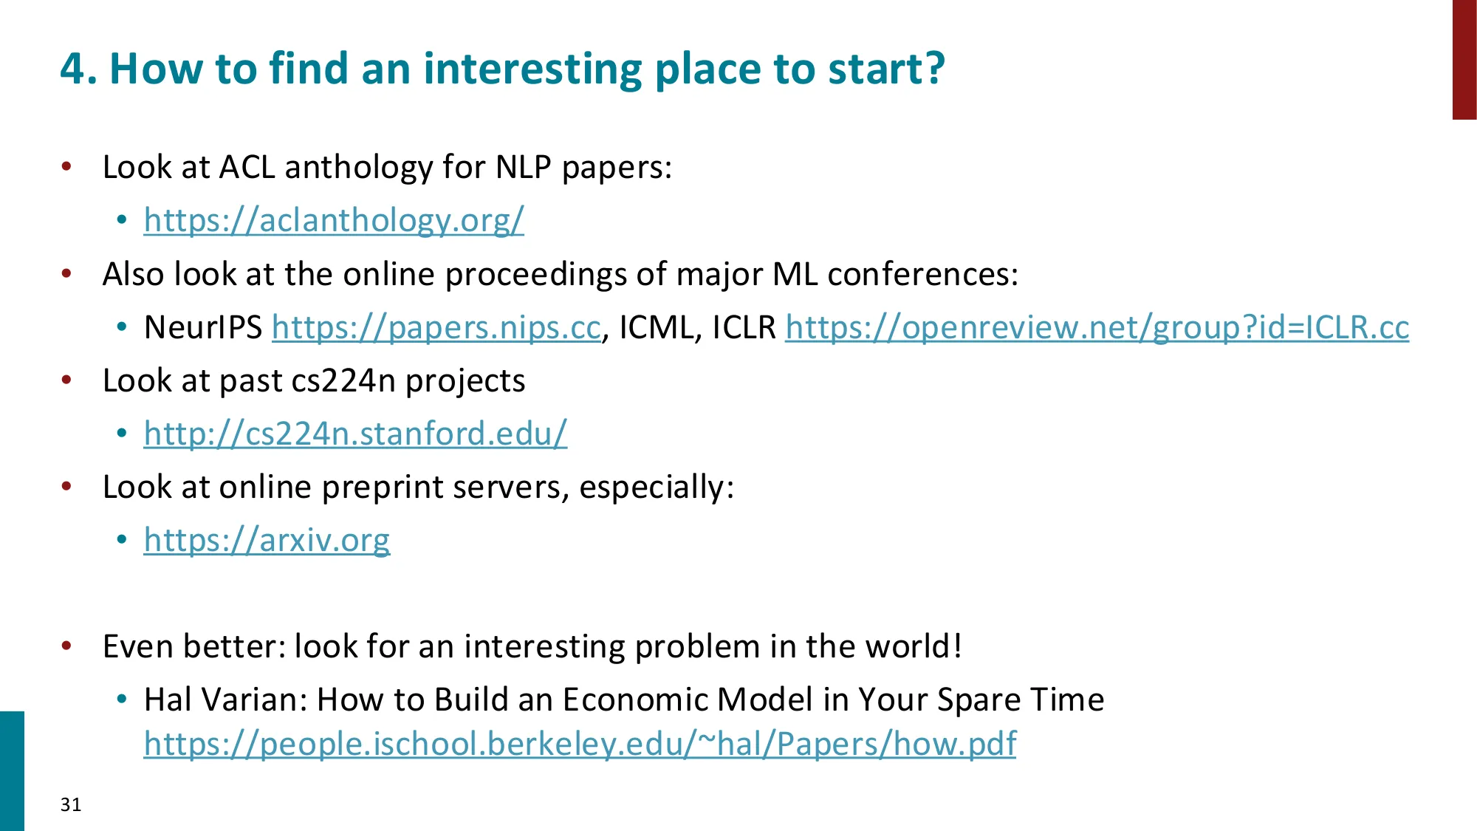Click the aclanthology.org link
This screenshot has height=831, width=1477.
coord(334,220)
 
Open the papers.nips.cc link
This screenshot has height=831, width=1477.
coord(436,327)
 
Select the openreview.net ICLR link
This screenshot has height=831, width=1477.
coord(1097,327)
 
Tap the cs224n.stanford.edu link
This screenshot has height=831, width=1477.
coord(355,434)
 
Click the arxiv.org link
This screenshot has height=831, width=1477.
coord(267,540)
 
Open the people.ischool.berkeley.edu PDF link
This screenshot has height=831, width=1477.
coord(580,744)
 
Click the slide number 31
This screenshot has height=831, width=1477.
coord(71,804)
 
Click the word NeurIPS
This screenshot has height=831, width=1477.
coord(203,327)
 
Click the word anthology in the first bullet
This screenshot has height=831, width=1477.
coord(358,168)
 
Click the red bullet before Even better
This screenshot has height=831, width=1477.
coord(67,646)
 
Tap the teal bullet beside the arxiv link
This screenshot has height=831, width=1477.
coord(122,540)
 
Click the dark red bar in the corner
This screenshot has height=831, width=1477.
coord(1464,59)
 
